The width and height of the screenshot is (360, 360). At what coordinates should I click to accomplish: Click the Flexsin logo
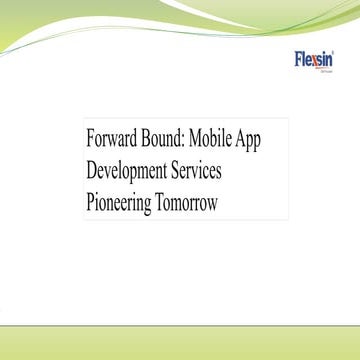coord(315,60)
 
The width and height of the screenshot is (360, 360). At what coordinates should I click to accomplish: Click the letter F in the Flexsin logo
coord(298,59)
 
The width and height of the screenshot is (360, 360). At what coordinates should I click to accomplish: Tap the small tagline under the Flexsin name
coord(326,70)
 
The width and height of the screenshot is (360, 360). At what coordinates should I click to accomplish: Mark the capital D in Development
coord(92,170)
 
